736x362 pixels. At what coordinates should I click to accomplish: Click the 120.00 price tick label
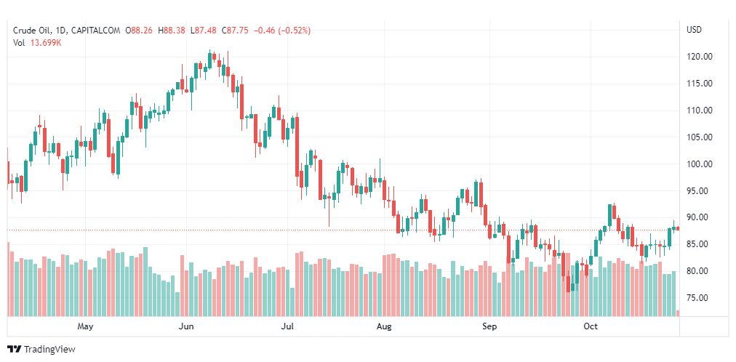[699, 57]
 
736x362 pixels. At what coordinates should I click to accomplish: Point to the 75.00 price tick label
[699, 298]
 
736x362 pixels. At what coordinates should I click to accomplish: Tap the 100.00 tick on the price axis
[699, 164]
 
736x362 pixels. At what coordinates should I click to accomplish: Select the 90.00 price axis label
[699, 217]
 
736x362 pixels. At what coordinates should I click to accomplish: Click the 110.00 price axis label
[699, 110]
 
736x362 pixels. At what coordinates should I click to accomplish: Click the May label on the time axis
[86, 326]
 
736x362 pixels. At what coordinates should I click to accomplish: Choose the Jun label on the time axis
[187, 326]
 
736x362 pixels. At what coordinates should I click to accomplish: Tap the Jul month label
[288, 326]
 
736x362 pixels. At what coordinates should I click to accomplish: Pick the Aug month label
[384, 326]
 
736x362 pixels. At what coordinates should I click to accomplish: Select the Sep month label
[489, 326]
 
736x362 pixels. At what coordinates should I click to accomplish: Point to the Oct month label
[591, 326]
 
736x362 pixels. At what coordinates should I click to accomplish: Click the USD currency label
[694, 30]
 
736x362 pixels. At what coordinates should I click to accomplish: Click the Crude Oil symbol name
[31, 31]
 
